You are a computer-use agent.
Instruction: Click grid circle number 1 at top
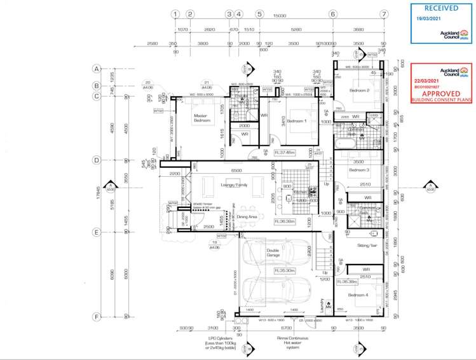[x=174, y=13]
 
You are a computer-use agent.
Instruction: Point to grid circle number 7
[x=383, y=13]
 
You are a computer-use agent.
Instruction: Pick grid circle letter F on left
[x=97, y=316]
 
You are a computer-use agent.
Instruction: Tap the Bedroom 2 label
[x=359, y=90]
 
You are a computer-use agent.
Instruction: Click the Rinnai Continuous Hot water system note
[x=293, y=342]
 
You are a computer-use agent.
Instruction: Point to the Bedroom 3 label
[x=359, y=170]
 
